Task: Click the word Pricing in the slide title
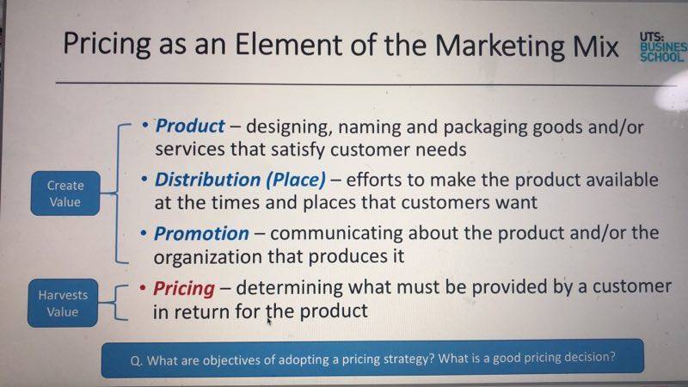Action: (x=107, y=45)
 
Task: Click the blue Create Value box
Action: (x=65, y=193)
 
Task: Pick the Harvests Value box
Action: (x=63, y=304)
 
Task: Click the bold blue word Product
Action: (x=190, y=126)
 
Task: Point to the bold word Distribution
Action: (x=207, y=180)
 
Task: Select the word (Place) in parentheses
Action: (x=296, y=180)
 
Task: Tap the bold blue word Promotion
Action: (x=201, y=233)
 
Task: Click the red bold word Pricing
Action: (x=184, y=289)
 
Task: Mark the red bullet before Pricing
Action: (x=143, y=288)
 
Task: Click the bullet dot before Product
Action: (x=145, y=126)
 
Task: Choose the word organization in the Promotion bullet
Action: (x=208, y=256)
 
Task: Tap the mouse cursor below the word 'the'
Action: (x=269, y=322)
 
